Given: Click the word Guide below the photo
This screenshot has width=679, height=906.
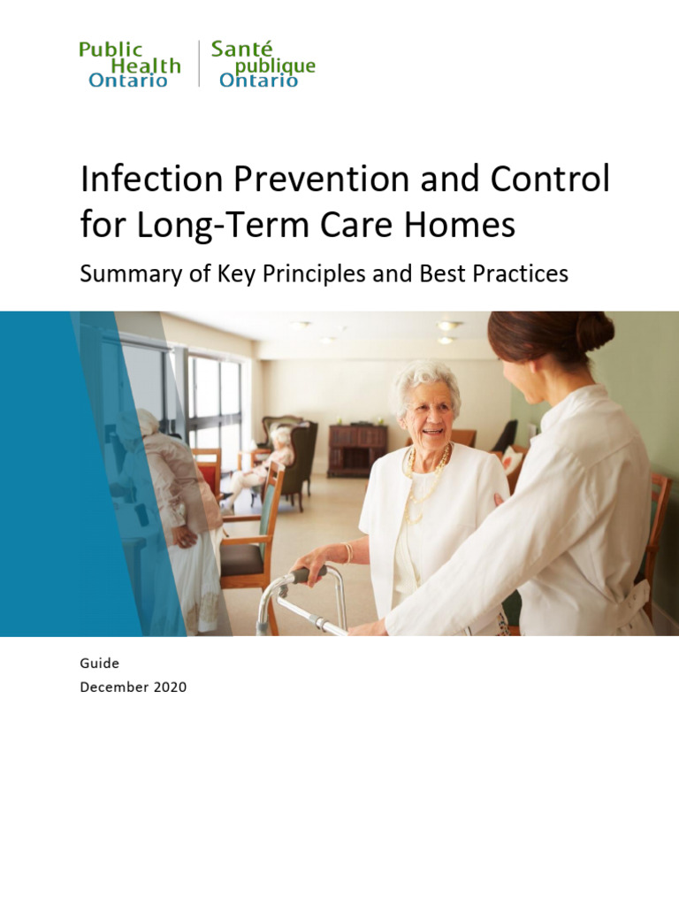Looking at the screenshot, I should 99,663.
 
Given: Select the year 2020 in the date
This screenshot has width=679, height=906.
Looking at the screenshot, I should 168,687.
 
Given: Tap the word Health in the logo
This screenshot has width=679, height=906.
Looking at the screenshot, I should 146,66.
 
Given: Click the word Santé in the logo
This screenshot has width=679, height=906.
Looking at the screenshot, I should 241,50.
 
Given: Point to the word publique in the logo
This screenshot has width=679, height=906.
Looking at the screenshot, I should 275,66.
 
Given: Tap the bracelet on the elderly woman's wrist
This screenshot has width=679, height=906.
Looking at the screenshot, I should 348,552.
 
